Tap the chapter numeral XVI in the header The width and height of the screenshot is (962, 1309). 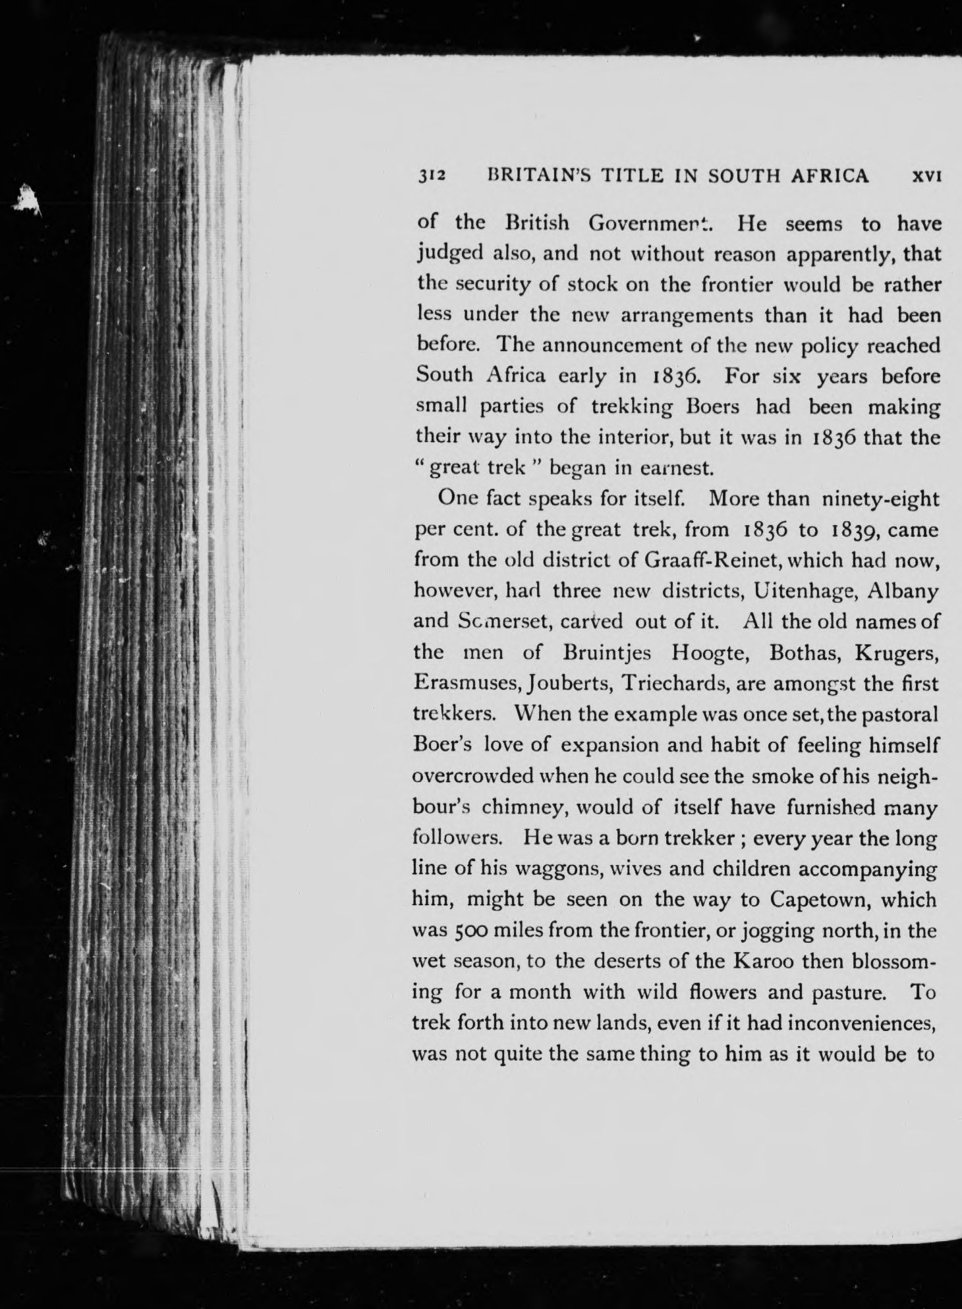925,176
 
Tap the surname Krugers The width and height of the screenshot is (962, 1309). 895,653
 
